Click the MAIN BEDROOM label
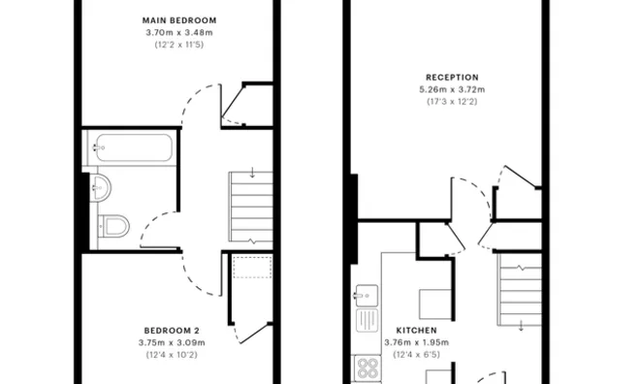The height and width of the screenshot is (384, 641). pos(178,20)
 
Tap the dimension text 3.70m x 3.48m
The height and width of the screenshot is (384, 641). pos(178,32)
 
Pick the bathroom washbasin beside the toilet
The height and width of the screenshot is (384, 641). pos(102,187)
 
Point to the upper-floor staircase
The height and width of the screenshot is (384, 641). pos(251,207)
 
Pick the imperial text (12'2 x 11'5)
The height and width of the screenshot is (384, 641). pos(178,45)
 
